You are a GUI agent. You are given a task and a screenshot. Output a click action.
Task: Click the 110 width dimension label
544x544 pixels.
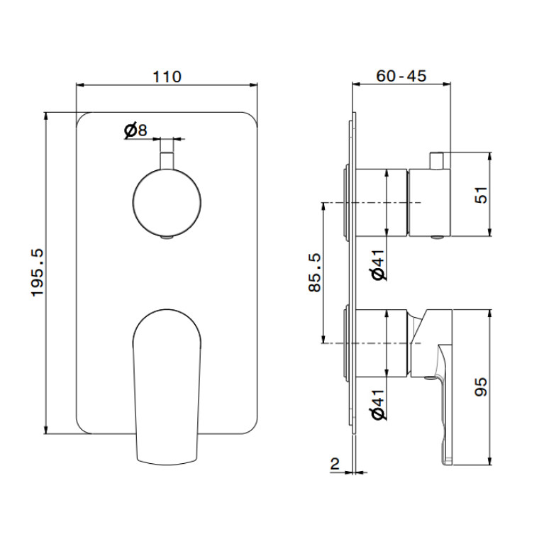(167, 77)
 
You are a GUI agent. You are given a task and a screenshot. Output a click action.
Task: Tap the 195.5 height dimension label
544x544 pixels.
(38, 272)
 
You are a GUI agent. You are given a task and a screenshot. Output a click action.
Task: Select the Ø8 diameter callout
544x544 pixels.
(135, 131)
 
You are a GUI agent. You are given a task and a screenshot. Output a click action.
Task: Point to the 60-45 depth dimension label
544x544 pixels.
(401, 76)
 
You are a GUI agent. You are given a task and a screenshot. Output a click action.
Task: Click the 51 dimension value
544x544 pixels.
(481, 195)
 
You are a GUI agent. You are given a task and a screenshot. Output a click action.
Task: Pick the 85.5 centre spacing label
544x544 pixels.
(315, 272)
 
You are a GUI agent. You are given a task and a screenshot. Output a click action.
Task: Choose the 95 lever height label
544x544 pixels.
(481, 387)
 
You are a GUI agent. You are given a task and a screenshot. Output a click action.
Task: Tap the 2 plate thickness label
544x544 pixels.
(335, 464)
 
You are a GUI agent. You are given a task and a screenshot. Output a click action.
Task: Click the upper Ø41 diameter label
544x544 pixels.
(379, 265)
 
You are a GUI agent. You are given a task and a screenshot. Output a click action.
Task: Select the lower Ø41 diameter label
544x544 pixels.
(379, 404)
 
